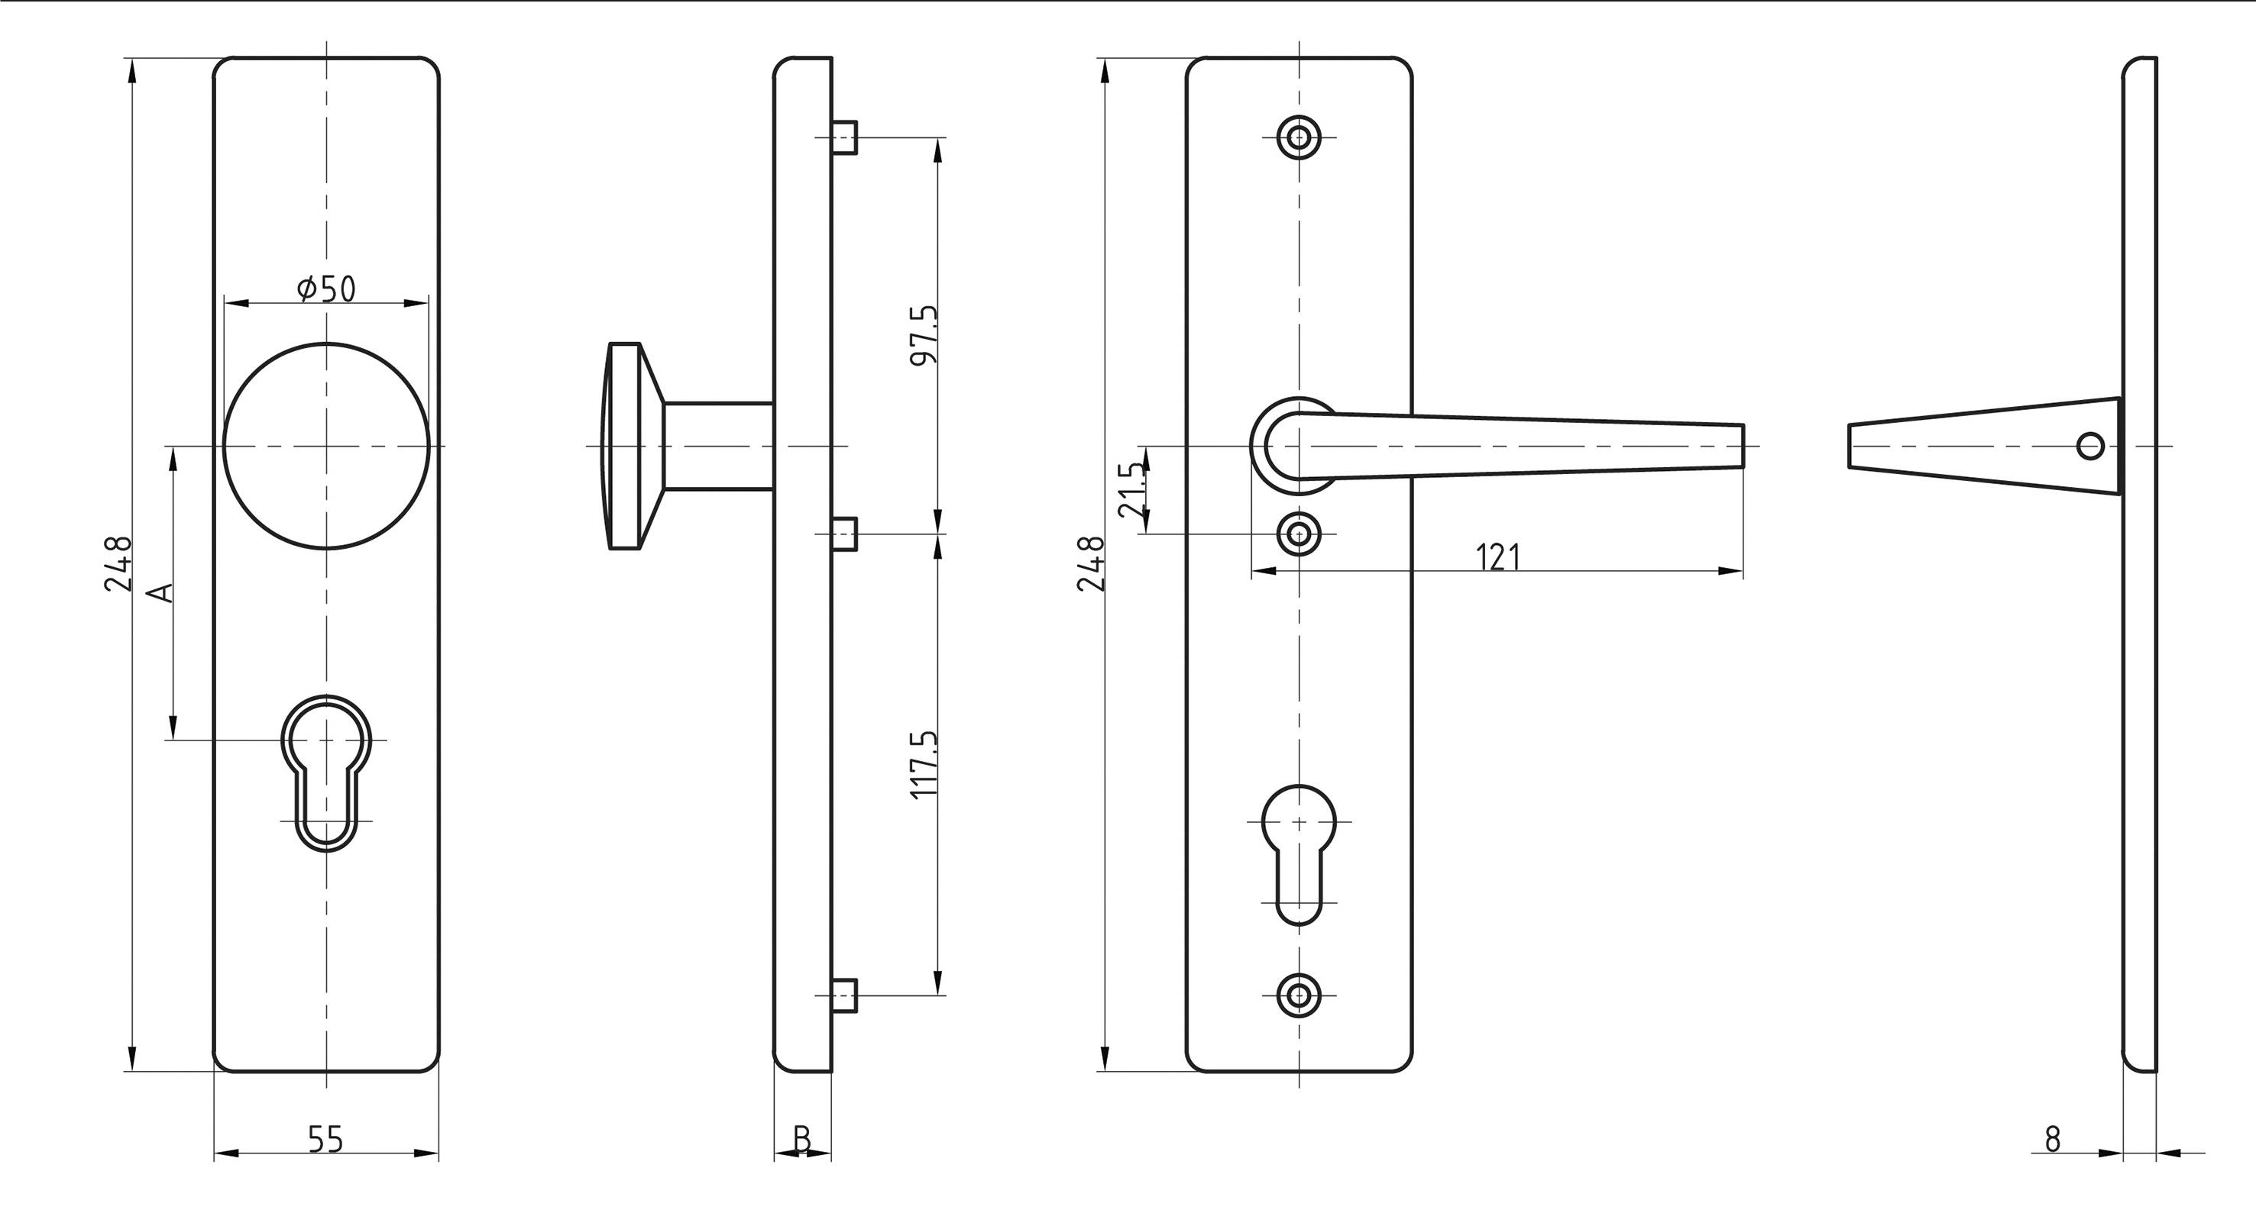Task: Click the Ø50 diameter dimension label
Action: tap(327, 288)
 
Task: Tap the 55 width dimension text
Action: tap(325, 1140)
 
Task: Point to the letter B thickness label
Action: tap(801, 1140)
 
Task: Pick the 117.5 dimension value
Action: tap(924, 764)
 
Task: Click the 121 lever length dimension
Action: tap(1497, 557)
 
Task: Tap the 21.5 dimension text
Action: tap(1132, 490)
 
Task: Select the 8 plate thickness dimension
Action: tap(2052, 1140)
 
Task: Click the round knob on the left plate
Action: tap(327, 446)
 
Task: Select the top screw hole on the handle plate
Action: tap(1299, 137)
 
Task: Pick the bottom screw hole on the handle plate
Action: tap(1299, 995)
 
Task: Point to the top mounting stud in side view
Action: tap(844, 137)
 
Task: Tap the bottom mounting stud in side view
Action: tap(844, 995)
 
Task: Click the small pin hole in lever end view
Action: tap(2090, 447)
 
